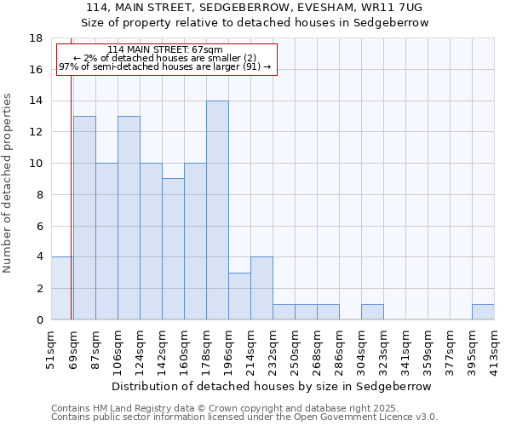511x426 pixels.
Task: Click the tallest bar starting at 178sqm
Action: click(x=217, y=210)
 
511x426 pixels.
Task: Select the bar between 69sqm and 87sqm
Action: click(x=84, y=218)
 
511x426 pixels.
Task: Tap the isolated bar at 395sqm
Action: click(x=483, y=312)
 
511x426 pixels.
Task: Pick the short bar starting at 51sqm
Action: click(x=61, y=288)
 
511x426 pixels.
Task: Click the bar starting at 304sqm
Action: click(x=372, y=312)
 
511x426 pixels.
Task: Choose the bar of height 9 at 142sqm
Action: click(x=173, y=249)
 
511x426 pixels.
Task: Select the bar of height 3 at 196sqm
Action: click(x=239, y=296)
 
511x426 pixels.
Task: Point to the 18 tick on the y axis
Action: click(x=36, y=38)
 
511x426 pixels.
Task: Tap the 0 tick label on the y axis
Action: click(x=39, y=319)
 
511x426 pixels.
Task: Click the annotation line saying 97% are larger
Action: click(x=164, y=66)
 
